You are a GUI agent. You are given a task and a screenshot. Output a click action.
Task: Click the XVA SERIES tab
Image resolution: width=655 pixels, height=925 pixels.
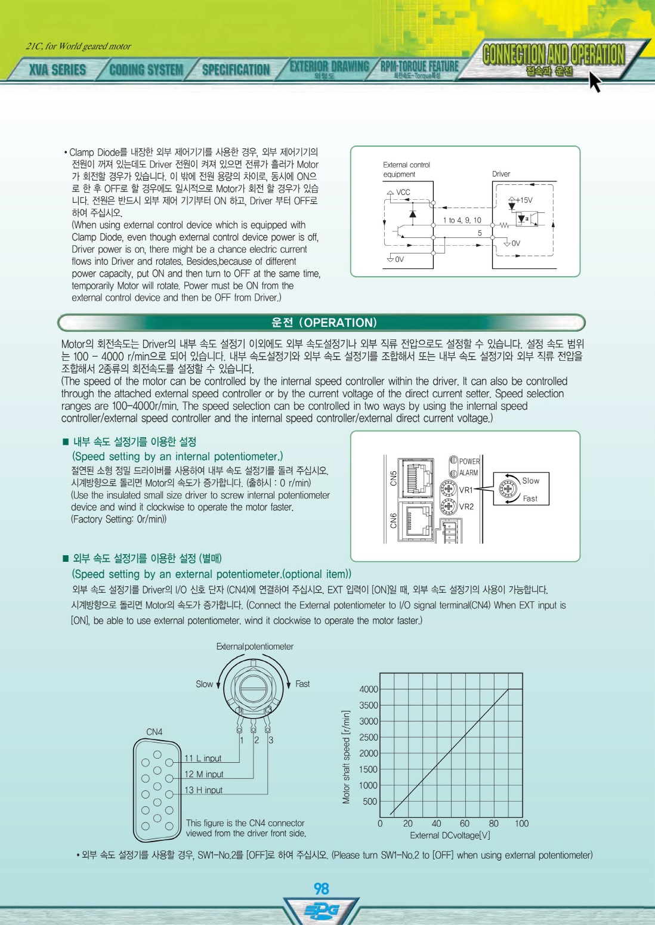tap(57, 69)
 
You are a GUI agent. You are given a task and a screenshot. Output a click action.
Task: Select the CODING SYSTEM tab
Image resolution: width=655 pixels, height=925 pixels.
tap(146, 69)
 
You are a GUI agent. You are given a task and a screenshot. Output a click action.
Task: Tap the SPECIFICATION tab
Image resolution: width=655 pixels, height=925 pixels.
tap(236, 69)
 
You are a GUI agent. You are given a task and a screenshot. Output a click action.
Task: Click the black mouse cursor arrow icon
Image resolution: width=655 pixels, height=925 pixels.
tap(595, 81)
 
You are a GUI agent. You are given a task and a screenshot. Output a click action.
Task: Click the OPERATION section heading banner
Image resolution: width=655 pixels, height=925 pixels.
tap(322, 323)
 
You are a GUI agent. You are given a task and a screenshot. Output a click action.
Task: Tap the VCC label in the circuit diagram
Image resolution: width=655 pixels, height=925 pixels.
tap(403, 193)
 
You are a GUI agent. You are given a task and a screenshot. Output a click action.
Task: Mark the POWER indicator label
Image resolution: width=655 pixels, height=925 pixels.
tap(469, 461)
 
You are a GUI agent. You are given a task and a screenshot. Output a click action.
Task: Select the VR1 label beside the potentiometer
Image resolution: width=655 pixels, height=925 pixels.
tap(466, 490)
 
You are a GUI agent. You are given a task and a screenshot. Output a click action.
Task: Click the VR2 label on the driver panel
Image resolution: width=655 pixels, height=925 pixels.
tap(466, 506)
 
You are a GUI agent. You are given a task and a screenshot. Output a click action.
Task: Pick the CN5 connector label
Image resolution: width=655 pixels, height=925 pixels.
tap(393, 478)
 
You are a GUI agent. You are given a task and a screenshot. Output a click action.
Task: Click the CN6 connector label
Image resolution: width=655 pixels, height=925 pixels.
tap(393, 520)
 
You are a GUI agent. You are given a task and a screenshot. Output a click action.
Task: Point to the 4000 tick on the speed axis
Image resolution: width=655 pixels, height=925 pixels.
tap(369, 689)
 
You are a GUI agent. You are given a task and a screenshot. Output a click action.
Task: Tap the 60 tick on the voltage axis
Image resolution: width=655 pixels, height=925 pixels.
tap(465, 824)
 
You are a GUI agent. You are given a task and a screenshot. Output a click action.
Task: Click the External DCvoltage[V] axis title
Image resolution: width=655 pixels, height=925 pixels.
tap(450, 836)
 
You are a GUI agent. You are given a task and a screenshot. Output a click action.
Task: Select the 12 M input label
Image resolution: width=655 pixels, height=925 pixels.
tap(203, 774)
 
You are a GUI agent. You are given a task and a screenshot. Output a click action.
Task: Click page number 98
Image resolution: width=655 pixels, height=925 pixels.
tap(322, 889)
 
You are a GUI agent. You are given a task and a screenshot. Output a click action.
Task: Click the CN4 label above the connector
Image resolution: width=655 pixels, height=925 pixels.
tap(154, 732)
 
